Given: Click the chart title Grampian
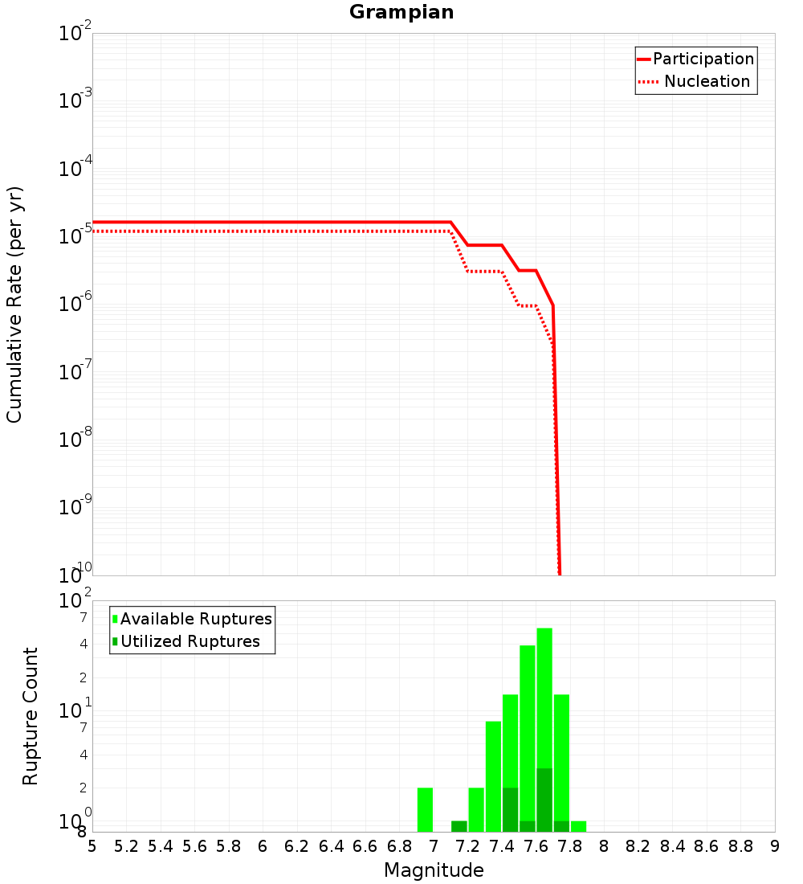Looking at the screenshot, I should (401, 13).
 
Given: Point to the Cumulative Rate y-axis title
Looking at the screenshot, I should (14, 304).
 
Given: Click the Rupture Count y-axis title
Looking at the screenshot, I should (31, 715).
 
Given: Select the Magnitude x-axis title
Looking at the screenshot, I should (434, 870).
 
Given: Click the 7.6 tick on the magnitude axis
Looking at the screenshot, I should (536, 846).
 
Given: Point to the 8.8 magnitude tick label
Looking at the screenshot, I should (740, 846).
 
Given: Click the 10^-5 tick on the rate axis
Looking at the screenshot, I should (75, 237).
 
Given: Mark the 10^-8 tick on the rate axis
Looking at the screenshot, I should (75, 440).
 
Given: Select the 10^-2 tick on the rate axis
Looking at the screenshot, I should (75, 35).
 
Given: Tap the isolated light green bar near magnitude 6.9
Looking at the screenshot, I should (426, 809).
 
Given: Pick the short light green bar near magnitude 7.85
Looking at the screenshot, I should (578, 826).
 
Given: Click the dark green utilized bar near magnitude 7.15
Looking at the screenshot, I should (459, 826).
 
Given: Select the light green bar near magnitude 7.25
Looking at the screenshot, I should (476, 809).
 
